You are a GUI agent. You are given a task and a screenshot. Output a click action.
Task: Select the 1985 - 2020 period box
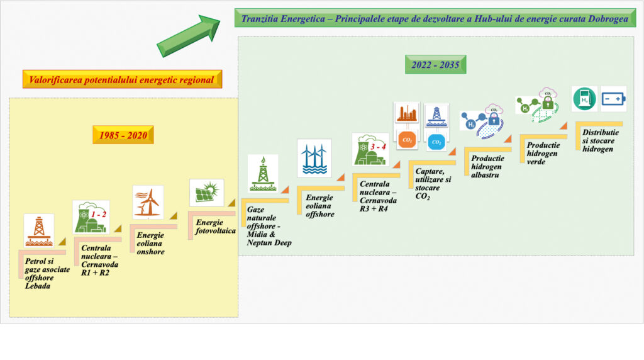tap(123, 135)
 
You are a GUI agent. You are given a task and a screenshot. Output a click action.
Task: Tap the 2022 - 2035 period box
tap(435, 65)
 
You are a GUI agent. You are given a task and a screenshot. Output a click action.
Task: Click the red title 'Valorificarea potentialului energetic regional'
tap(122, 79)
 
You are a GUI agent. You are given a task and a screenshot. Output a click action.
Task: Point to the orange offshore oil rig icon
tap(38, 230)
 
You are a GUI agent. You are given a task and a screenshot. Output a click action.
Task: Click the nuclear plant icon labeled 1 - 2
tap(91, 217)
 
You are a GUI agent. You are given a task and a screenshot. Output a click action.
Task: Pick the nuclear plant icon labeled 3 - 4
tap(370, 150)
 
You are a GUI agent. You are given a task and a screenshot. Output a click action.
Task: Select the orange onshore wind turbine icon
tap(148, 202)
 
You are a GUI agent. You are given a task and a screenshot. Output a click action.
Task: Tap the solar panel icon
tap(206, 193)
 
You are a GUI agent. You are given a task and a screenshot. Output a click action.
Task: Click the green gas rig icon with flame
tap(263, 174)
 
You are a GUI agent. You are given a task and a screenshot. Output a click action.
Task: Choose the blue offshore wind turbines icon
tap(314, 158)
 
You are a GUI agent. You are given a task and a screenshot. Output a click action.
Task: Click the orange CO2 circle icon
tap(407, 140)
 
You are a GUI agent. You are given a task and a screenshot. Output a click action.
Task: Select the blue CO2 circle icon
tap(436, 142)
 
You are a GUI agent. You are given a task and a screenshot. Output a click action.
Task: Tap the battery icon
tap(614, 99)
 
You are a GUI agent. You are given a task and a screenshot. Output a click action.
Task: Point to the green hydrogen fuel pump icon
tap(584, 99)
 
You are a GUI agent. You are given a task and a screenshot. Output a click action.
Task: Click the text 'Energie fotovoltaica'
tap(215, 227)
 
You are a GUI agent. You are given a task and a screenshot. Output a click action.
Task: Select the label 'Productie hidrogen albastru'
tap(487, 166)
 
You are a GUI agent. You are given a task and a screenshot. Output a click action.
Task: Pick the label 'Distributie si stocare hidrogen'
tap(600, 140)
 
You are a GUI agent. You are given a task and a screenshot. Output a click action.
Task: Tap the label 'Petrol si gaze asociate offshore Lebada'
tap(47, 273)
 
